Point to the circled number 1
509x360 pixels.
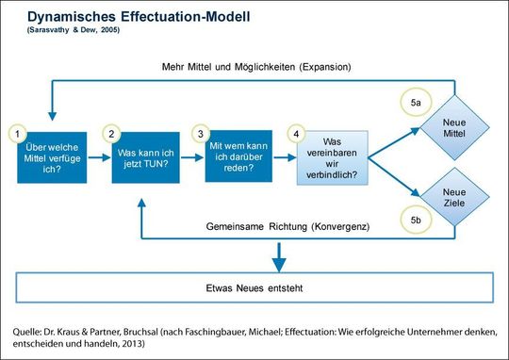point(14,135)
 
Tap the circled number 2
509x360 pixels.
point(112,135)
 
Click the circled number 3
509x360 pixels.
point(201,135)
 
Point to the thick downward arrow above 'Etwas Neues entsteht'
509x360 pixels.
point(278,254)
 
